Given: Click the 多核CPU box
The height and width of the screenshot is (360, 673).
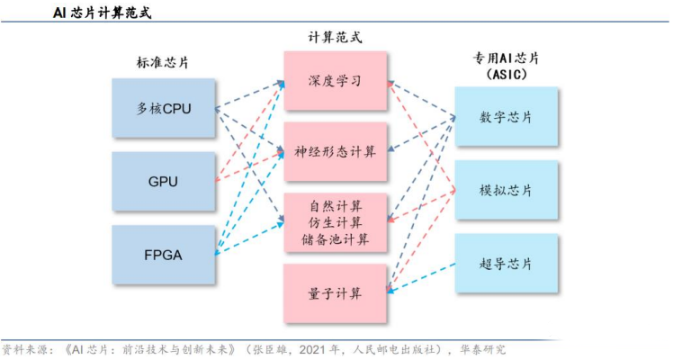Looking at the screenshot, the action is pyautogui.click(x=164, y=108).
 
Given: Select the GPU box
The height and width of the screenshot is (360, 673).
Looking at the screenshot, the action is pyautogui.click(x=164, y=182).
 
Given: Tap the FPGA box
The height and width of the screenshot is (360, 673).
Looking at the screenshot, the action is pyautogui.click(x=164, y=255).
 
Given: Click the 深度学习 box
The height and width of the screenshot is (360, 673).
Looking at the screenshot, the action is pyautogui.click(x=336, y=81).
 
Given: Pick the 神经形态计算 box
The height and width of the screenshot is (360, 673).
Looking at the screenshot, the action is pyautogui.click(x=336, y=151).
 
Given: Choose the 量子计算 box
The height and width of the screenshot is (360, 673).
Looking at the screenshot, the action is pyautogui.click(x=336, y=293).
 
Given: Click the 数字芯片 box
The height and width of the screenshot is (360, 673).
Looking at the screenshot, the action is pyautogui.click(x=507, y=117).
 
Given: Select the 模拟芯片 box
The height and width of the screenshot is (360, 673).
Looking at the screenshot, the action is pyautogui.click(x=507, y=190).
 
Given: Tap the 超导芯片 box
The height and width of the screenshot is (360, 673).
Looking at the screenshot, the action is pyautogui.click(x=507, y=264).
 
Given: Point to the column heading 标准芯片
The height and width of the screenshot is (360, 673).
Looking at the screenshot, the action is pyautogui.click(x=163, y=63).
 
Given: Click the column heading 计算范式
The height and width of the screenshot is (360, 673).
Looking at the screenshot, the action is pyautogui.click(x=335, y=37).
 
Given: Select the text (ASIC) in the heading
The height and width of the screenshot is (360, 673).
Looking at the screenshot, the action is pyautogui.click(x=507, y=74).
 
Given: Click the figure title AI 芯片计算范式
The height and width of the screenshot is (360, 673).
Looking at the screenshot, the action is pyautogui.click(x=103, y=13).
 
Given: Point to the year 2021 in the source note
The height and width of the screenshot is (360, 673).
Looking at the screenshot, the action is pyautogui.click(x=312, y=350).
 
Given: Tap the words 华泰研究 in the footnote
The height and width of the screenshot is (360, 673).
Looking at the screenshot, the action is pyautogui.click(x=483, y=350).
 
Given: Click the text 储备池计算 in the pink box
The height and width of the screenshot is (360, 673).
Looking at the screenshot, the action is pyautogui.click(x=336, y=239).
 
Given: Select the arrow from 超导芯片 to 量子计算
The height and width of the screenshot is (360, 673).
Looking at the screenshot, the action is pyautogui.click(x=421, y=277).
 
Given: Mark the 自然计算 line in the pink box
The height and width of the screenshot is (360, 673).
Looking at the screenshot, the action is pyautogui.click(x=336, y=206).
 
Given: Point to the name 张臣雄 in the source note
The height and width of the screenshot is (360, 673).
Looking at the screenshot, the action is pyautogui.click(x=269, y=350).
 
